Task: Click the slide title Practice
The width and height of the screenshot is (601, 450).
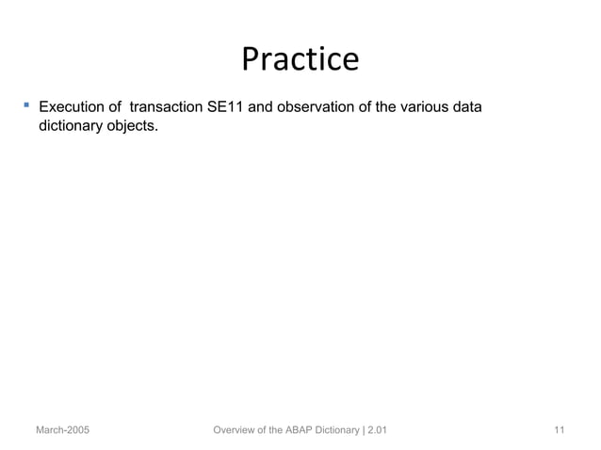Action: pyautogui.click(x=300, y=59)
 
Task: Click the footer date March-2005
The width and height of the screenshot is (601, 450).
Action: pyautogui.click(x=63, y=430)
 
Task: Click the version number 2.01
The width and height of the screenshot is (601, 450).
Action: pyautogui.click(x=377, y=430)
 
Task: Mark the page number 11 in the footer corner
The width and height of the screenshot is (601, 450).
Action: pyautogui.click(x=560, y=430)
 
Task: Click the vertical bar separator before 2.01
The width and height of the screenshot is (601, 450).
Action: pyautogui.click(x=365, y=430)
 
